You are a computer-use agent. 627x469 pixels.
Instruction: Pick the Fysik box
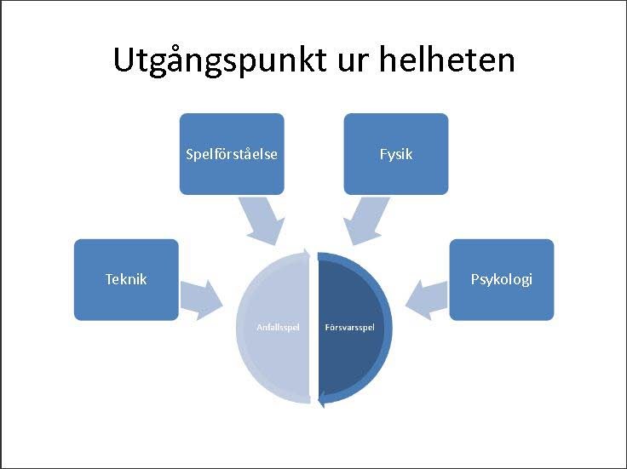pyautogui.click(x=396, y=153)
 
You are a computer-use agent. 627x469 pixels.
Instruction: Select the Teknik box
pyautogui.click(x=126, y=279)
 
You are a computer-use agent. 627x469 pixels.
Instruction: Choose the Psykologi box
pyautogui.click(x=502, y=279)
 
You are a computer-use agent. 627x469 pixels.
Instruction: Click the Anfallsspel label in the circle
pyautogui.click(x=279, y=327)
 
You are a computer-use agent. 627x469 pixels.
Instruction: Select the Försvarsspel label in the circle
pyautogui.click(x=349, y=327)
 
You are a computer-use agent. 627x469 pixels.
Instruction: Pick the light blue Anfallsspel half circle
pyautogui.click(x=273, y=357)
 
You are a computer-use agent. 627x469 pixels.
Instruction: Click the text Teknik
pyautogui.click(x=126, y=279)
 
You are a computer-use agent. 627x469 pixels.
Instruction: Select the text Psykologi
pyautogui.click(x=502, y=279)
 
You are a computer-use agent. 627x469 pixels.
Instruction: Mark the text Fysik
pyautogui.click(x=396, y=155)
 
